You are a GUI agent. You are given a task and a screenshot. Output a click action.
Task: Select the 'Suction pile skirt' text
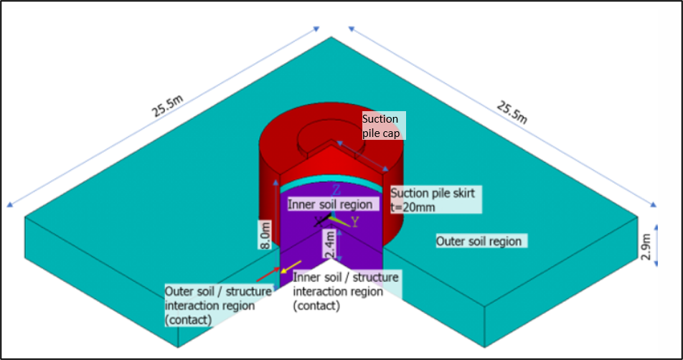[x=433, y=193]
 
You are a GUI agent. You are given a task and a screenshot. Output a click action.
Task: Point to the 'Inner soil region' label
[x=331, y=204]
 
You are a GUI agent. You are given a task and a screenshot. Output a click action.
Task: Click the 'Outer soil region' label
[x=479, y=242]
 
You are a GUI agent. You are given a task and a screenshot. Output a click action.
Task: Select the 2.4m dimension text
[x=329, y=245]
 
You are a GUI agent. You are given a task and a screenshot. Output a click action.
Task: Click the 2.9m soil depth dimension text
[x=647, y=247]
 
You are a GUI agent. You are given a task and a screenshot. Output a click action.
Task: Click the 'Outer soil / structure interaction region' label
[x=218, y=305]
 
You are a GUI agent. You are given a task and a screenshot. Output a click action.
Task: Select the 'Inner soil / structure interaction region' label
[x=346, y=291]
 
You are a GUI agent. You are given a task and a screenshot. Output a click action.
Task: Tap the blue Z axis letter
[x=336, y=190]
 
